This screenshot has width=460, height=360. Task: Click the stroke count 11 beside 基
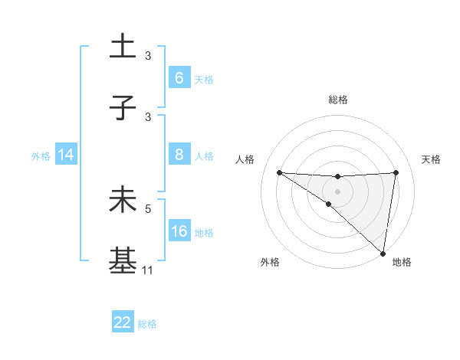click(147, 270)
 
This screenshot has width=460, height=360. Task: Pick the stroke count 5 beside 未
click(149, 208)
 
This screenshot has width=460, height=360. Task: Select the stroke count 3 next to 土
click(149, 55)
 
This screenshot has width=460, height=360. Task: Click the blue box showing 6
click(179, 77)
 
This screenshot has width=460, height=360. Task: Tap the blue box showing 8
click(179, 155)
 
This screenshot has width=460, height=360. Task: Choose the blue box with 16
click(179, 231)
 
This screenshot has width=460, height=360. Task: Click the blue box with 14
click(66, 155)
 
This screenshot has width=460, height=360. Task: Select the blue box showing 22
click(123, 322)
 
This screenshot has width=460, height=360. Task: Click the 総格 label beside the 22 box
click(147, 324)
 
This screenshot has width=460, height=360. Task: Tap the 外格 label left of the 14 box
click(41, 156)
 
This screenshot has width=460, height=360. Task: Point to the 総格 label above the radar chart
click(338, 100)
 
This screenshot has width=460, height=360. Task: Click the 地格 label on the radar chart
click(402, 263)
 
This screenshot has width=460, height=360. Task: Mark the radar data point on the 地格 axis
click(383, 253)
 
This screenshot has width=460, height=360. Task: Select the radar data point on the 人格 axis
click(279, 172)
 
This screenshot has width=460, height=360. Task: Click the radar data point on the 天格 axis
click(396, 172)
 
